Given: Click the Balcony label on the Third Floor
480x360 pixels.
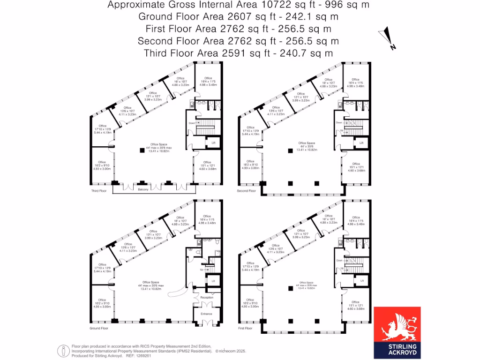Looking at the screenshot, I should [x=143, y=189].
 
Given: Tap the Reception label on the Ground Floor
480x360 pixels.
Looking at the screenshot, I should [x=207, y=297].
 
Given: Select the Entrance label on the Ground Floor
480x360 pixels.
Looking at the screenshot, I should [x=207, y=314].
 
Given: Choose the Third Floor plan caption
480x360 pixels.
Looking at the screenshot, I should [x=99, y=191].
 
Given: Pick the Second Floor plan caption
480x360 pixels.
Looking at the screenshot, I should [x=247, y=191].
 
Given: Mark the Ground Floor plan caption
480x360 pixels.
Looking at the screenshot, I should [x=99, y=329].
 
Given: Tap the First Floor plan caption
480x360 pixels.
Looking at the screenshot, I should [x=245, y=329].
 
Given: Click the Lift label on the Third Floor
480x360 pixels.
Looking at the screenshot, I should [x=213, y=142].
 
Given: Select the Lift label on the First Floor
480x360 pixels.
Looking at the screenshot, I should [x=361, y=281].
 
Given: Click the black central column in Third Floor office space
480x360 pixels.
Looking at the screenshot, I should [x=142, y=150].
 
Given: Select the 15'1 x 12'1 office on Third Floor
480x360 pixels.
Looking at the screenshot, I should [x=208, y=165].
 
